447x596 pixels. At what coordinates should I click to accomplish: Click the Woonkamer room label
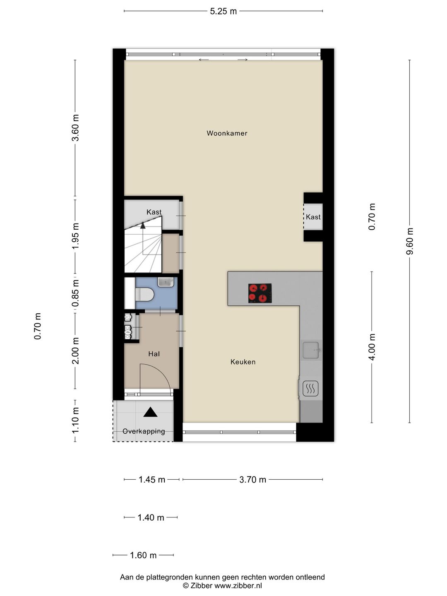(x=227, y=133)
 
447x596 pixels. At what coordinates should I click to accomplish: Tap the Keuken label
(x=243, y=362)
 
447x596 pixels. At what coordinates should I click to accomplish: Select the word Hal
(x=154, y=354)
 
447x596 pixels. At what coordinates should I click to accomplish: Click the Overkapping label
(x=144, y=431)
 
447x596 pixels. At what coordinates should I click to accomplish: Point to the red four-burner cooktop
(x=260, y=293)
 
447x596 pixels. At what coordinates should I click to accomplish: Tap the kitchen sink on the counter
(x=311, y=350)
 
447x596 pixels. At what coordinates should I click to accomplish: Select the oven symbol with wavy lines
(x=310, y=389)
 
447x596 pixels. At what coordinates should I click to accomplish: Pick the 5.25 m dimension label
(x=223, y=12)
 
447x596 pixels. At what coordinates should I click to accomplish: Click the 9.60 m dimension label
(x=410, y=241)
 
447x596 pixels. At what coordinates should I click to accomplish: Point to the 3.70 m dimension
(x=252, y=480)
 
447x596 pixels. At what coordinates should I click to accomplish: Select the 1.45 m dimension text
(x=152, y=480)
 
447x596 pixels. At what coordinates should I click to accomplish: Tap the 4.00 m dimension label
(x=372, y=347)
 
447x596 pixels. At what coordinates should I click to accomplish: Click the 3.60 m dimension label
(x=75, y=127)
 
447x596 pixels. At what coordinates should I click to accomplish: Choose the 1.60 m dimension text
(x=143, y=555)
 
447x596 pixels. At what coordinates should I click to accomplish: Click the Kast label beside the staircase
(x=154, y=212)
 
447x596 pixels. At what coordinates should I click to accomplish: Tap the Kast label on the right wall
(x=313, y=217)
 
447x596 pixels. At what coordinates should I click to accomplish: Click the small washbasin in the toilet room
(x=166, y=282)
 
